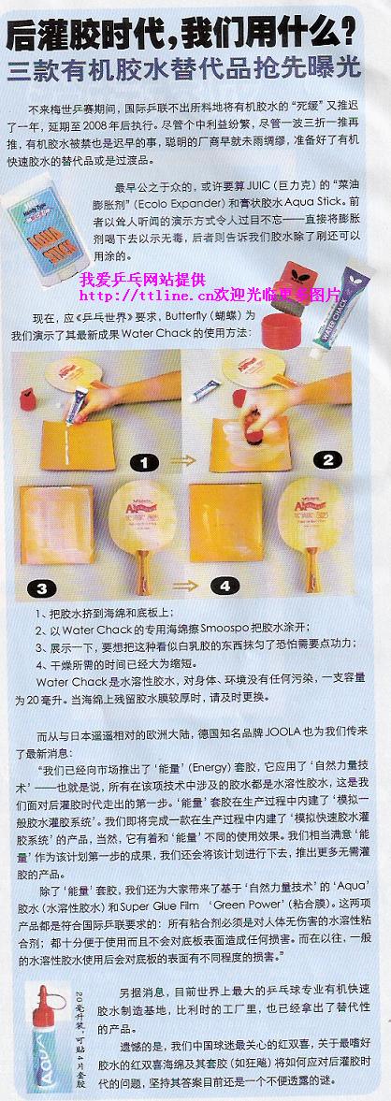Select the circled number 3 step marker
[x=41, y=587]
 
